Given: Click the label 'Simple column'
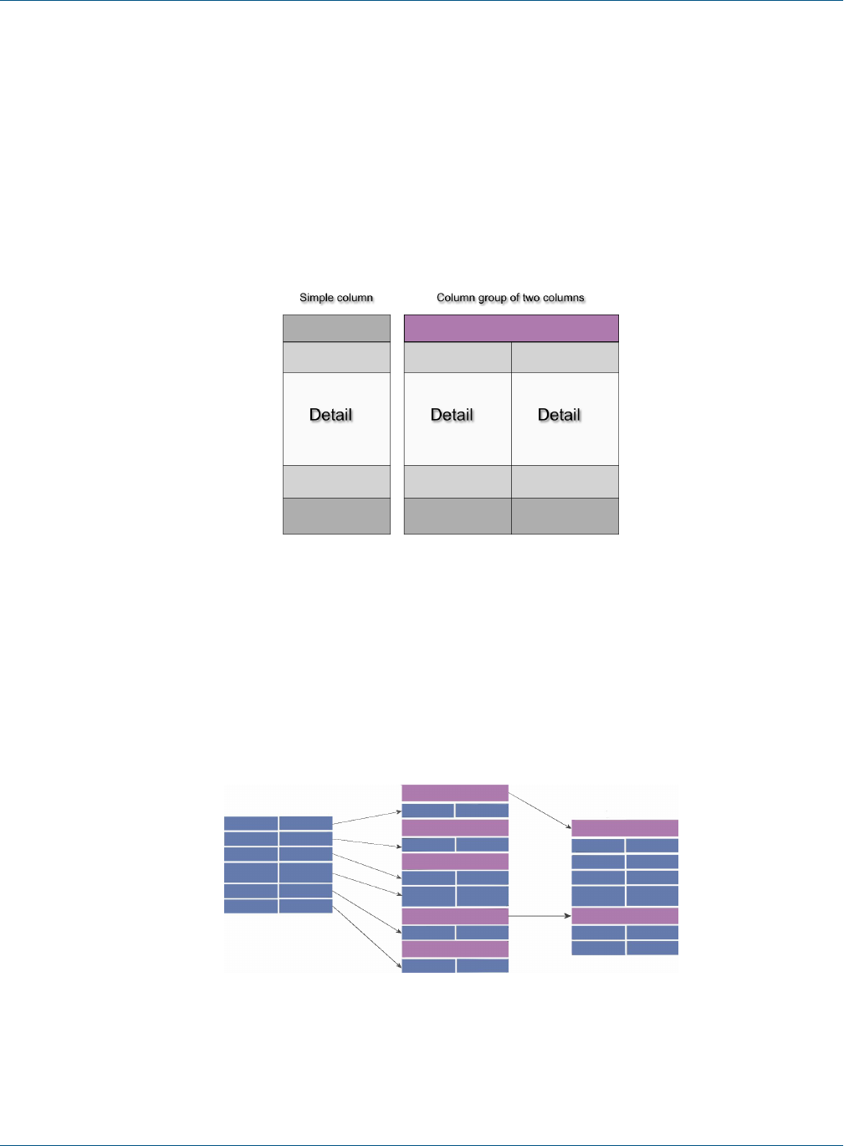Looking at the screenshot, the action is (x=336, y=298).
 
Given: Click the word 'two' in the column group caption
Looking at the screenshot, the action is (x=530, y=298).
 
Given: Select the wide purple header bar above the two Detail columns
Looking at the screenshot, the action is (x=511, y=328).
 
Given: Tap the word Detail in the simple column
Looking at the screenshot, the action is (x=331, y=415).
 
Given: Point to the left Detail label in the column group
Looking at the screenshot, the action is (x=452, y=415).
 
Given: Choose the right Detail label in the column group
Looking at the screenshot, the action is (x=559, y=415).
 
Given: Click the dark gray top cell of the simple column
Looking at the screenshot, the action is (x=336, y=328).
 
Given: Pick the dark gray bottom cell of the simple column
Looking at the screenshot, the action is (x=336, y=516).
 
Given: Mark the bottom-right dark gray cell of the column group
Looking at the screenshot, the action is (x=565, y=516).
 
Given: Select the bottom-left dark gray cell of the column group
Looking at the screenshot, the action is (x=458, y=516).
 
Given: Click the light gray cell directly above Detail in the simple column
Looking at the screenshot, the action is (x=336, y=357).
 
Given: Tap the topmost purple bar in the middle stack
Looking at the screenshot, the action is (x=455, y=792).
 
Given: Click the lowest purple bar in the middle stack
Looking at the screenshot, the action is (x=455, y=949).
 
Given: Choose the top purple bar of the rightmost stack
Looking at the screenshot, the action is (x=625, y=828).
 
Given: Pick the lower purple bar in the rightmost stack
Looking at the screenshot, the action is (x=625, y=916).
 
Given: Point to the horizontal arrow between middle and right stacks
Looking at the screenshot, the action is (x=540, y=916).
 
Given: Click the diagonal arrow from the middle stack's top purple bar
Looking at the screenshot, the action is (x=540, y=810).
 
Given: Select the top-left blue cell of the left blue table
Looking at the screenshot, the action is (x=251, y=823).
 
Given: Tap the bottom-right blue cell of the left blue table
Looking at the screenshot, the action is (x=305, y=906).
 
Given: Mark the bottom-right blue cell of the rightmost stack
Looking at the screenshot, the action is (x=652, y=948).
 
